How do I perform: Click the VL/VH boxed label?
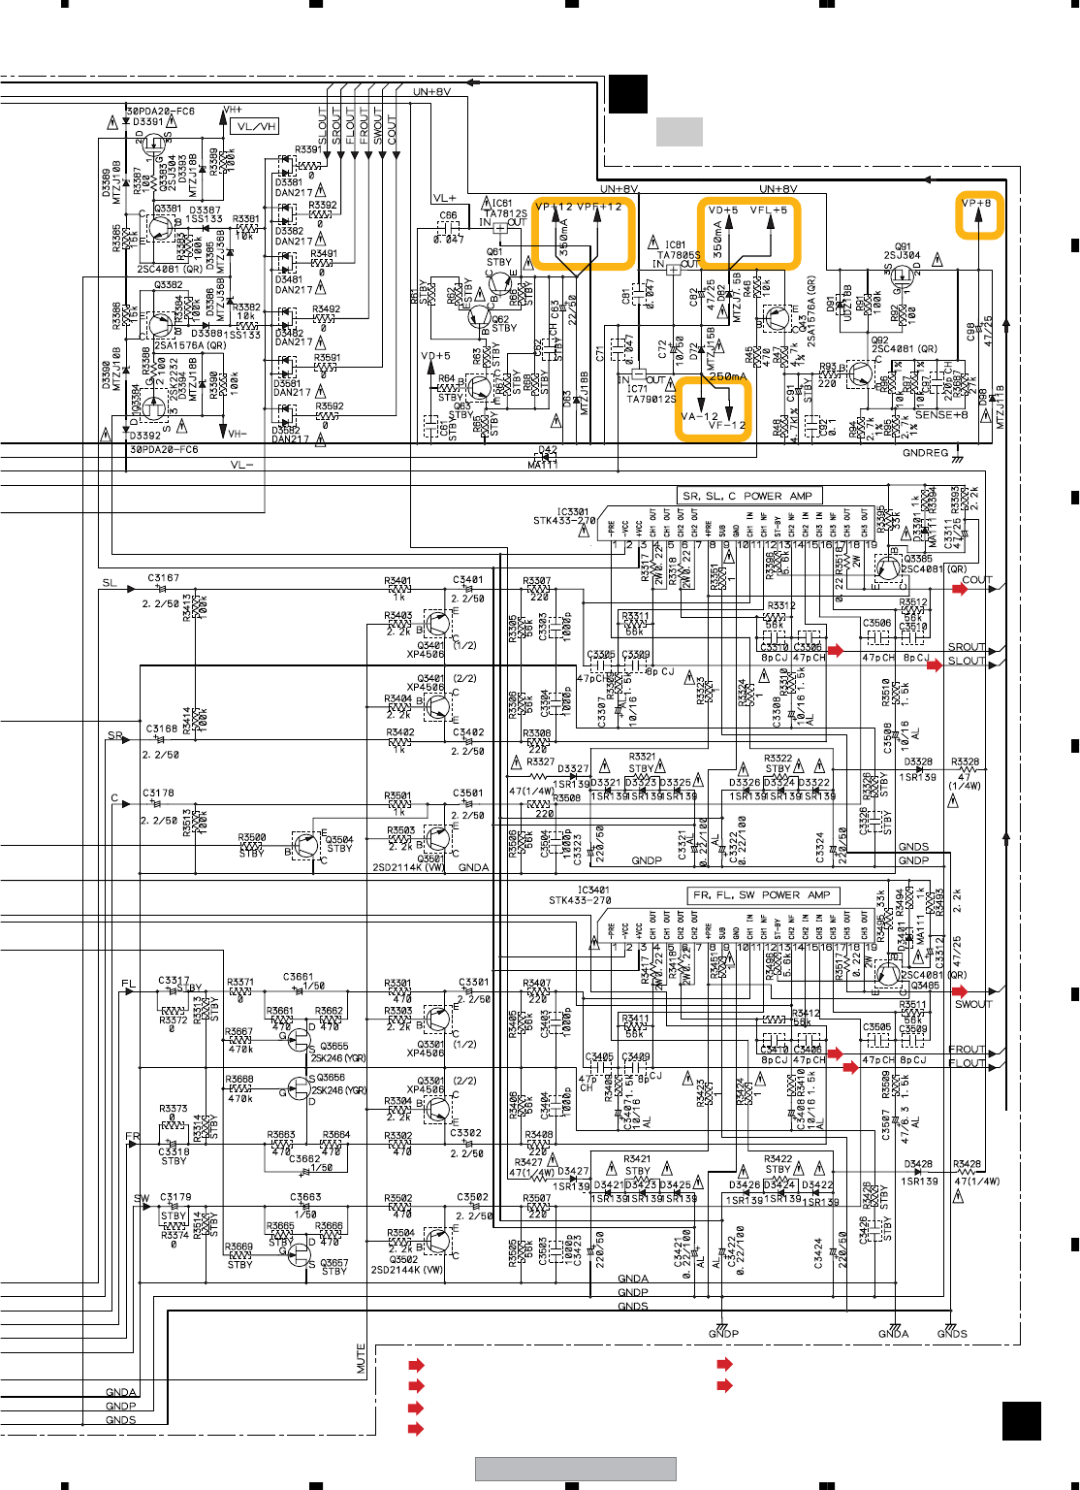tap(256, 126)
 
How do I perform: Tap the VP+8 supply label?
tap(976, 204)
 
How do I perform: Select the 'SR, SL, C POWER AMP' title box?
tap(747, 496)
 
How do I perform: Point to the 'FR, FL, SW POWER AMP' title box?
tap(762, 895)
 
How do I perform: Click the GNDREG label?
tap(925, 453)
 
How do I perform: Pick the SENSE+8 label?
tap(941, 415)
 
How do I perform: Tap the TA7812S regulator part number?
tap(505, 213)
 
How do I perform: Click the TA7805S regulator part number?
tap(679, 255)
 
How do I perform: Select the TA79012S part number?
tap(651, 399)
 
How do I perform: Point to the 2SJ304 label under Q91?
tap(902, 256)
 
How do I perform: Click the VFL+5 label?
tap(769, 211)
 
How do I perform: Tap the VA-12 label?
tap(700, 417)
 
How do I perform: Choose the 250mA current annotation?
tap(727, 376)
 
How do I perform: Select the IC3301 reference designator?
tap(572, 511)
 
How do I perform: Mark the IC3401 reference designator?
tap(593, 890)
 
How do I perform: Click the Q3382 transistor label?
tap(168, 285)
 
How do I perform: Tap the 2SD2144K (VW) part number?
tap(406, 1270)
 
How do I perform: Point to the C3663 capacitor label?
tap(304, 1197)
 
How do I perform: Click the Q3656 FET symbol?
tap(298, 1088)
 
